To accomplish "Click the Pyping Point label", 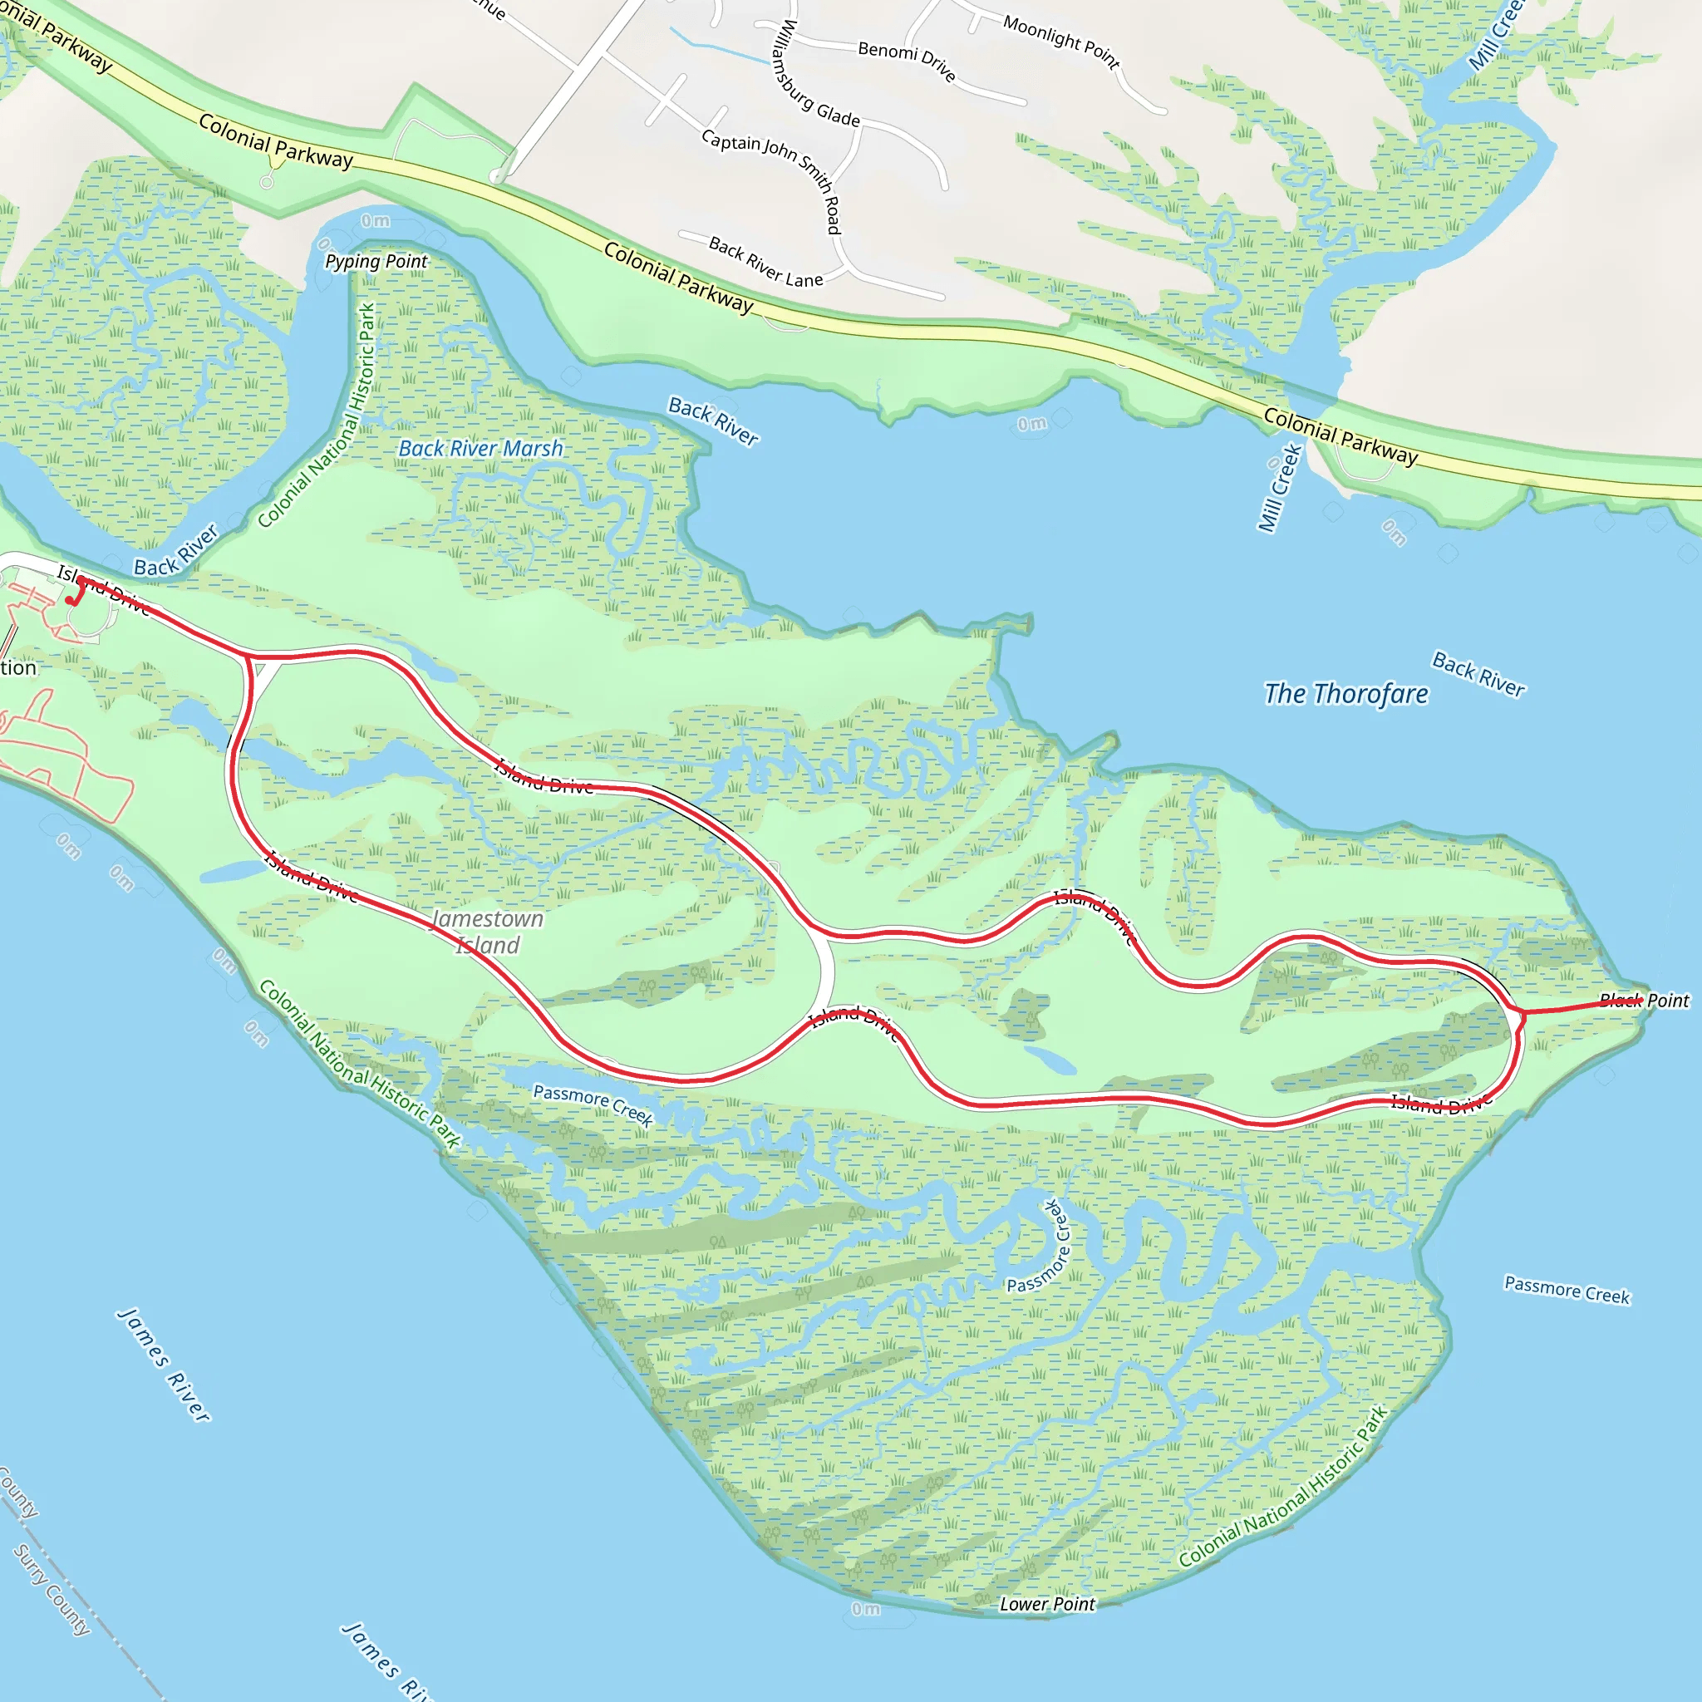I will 376,262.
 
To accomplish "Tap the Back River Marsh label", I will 480,449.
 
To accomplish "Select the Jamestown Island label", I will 488,932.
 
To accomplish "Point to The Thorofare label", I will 1346,694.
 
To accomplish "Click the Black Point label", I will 1644,1000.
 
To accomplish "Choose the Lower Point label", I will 1046,1604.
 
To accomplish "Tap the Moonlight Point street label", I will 1061,42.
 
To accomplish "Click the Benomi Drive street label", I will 908,60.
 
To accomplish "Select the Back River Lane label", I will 765,262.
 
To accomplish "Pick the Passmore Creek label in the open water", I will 1567,1290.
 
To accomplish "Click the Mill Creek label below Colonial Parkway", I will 1279,487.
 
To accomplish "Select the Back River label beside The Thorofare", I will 1478,674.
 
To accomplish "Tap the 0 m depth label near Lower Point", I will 865,1610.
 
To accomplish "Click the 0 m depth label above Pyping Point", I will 376,221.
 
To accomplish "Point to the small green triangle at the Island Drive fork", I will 258,670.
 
